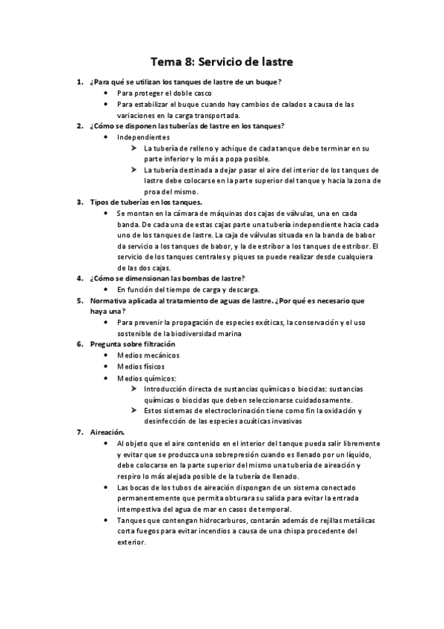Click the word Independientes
(x=143, y=138)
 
